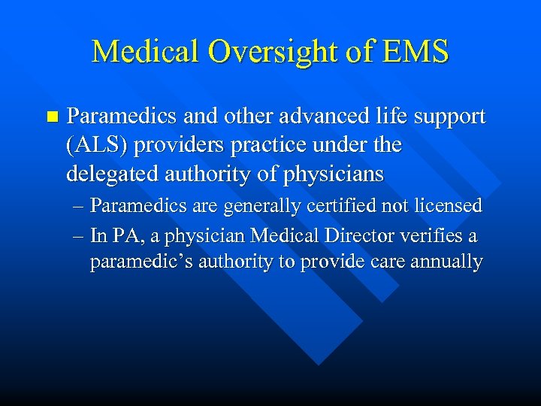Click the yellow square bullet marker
pyautogui.click(x=51, y=117)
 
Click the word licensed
pyautogui.click(x=450, y=206)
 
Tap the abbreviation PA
pyautogui.click(x=123, y=235)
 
